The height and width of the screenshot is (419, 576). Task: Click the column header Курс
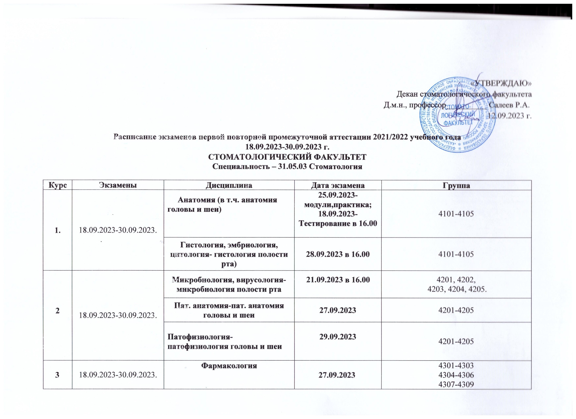click(x=58, y=185)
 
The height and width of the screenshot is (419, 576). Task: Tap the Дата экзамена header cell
click(x=338, y=185)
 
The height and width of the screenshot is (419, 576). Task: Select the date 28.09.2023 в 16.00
click(x=338, y=254)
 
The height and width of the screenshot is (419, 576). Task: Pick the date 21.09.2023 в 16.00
click(x=338, y=280)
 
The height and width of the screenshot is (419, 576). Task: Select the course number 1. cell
click(x=58, y=230)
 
